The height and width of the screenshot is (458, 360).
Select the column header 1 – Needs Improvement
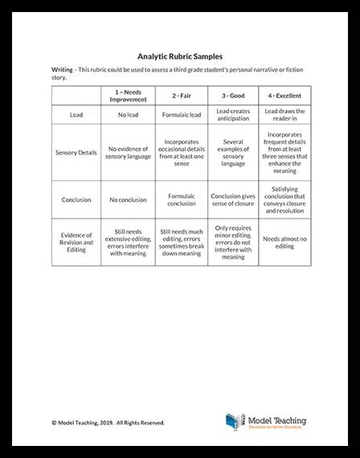pos(129,96)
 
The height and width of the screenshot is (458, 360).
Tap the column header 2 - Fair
pos(181,96)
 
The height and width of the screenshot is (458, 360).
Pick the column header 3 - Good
pos(232,96)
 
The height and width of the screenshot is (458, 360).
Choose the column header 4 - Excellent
pos(284,96)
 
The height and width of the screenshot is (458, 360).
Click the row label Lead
pos(77,115)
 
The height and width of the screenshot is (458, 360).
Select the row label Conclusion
pos(77,199)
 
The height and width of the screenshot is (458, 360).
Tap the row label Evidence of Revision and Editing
pos(77,242)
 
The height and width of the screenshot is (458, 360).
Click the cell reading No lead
pos(129,115)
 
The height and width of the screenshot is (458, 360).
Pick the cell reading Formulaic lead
pos(181,115)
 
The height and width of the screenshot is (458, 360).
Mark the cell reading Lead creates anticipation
pos(232,115)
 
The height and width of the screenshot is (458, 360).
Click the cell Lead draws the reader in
pos(284,115)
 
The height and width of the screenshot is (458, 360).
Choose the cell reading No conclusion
pos(129,199)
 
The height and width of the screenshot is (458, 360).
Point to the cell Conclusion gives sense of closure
pos(232,199)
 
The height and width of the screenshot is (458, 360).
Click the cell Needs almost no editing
pos(284,242)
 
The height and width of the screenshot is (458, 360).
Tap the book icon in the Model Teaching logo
pos(235,422)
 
